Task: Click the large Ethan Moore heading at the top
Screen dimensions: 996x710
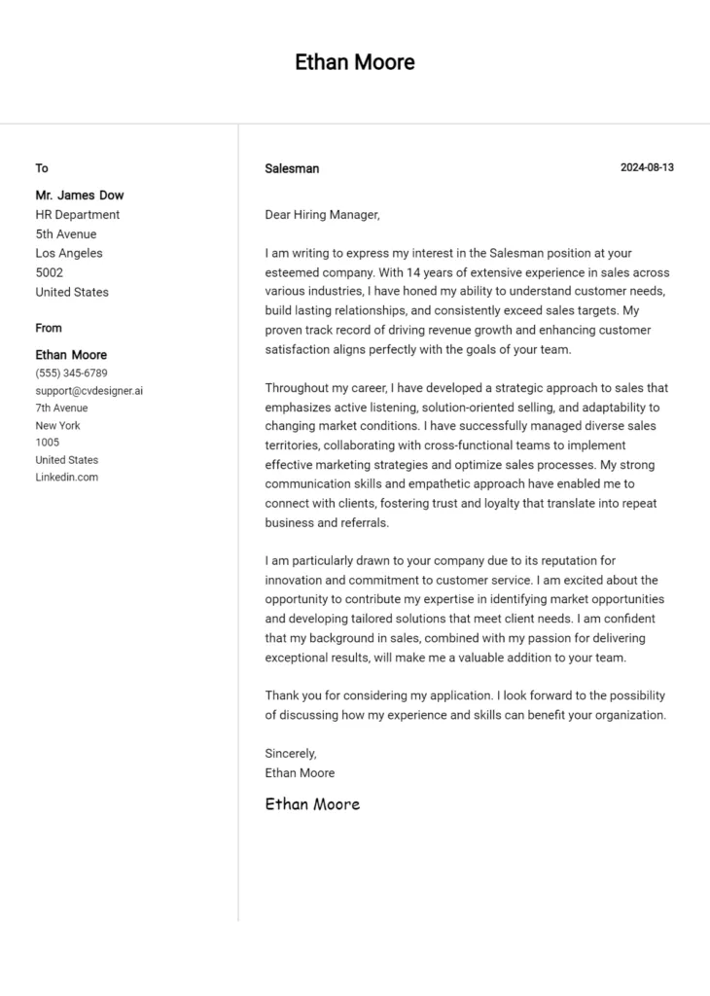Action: pos(355,62)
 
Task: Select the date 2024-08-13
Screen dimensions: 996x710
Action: pos(647,167)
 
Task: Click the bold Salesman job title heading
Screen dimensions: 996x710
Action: pos(292,168)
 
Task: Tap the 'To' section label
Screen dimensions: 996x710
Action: pos(42,168)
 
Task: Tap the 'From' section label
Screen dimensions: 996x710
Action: pos(49,328)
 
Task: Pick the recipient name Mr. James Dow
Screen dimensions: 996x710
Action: pos(80,195)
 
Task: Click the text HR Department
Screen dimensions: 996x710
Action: pos(78,214)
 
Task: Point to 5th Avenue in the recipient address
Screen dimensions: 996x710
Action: pos(66,233)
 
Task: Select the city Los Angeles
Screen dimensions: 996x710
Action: pos(69,253)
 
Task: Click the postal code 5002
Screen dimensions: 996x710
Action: pos(50,272)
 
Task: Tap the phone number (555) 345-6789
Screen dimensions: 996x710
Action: pos(72,373)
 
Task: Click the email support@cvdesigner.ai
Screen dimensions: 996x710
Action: pos(89,390)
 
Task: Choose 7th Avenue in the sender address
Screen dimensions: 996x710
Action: pos(61,408)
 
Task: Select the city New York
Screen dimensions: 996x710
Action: pos(58,425)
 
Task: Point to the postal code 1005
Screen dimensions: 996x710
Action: pos(48,443)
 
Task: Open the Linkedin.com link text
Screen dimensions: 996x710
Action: pos(67,478)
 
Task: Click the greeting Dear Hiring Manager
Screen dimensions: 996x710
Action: pos(322,215)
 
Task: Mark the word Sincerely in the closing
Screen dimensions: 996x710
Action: pos(291,753)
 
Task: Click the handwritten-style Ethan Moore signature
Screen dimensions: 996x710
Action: pos(312,803)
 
